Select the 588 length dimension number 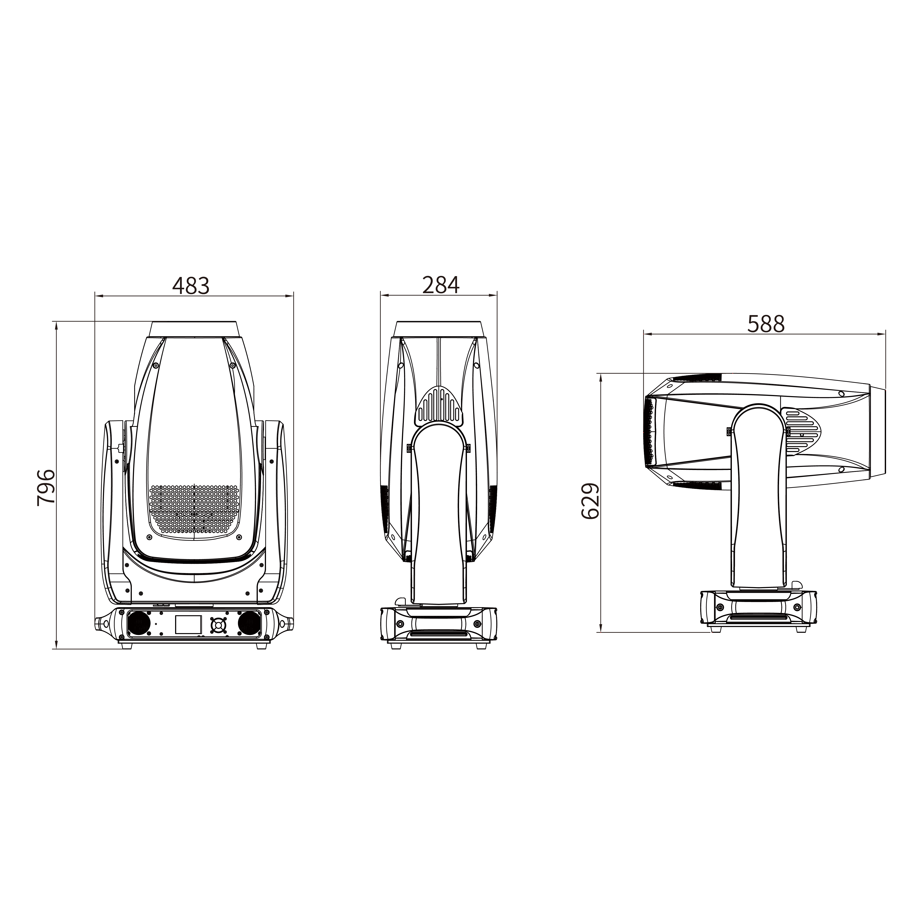pos(766,324)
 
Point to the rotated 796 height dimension pos(46,488)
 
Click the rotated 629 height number pos(590,502)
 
